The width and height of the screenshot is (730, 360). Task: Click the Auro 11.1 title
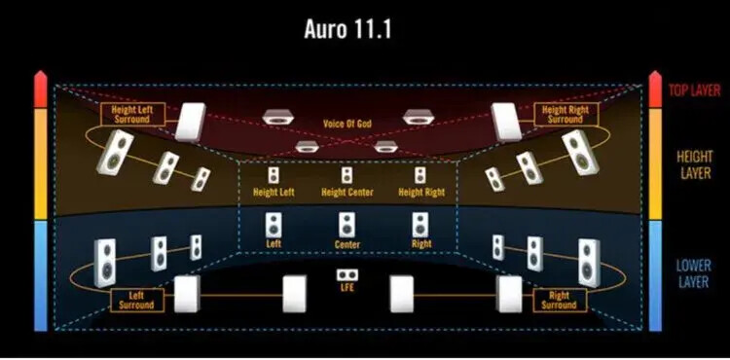point(347,29)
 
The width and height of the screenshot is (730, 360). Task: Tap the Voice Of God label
point(347,124)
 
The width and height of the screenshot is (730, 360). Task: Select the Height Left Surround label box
point(132,115)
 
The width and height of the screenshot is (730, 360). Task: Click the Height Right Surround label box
point(566,115)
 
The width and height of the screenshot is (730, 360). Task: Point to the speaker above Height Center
point(347,175)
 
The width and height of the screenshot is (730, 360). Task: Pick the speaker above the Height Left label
point(274,175)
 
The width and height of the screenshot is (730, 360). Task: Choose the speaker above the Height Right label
point(420,175)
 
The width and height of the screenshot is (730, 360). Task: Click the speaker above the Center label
point(347,225)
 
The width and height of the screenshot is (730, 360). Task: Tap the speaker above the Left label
point(274,225)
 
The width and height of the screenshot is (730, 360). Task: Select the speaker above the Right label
point(420,225)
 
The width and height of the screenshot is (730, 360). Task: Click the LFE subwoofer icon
point(347,275)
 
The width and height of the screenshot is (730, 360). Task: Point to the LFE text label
point(347,288)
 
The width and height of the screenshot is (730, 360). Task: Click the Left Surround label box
point(137,300)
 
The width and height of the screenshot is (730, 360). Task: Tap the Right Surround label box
point(560,300)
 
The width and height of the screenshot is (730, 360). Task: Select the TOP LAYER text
point(695,90)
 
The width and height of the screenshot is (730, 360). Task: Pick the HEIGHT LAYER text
point(695,164)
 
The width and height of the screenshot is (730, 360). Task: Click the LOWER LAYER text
point(694,273)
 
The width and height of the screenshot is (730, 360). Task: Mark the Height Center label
point(347,192)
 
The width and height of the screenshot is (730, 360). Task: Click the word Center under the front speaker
point(347,244)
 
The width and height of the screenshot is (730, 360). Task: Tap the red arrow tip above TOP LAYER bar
point(655,72)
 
